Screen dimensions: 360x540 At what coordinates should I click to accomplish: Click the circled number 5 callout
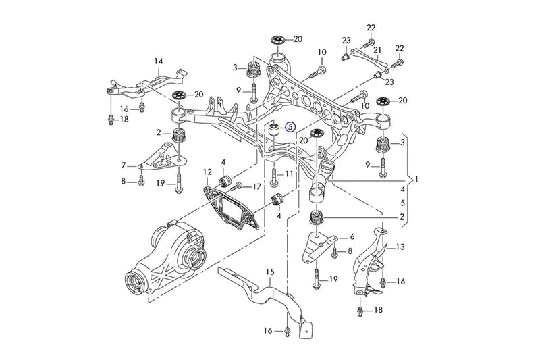click(290, 126)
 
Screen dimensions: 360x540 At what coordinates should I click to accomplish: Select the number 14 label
click(159, 62)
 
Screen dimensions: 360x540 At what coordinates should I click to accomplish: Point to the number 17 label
click(256, 186)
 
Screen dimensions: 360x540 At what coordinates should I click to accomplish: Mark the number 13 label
click(400, 247)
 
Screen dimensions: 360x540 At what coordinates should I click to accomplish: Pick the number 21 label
click(378, 50)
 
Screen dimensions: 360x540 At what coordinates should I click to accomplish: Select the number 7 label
click(124, 165)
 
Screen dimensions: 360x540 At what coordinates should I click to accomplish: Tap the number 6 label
click(352, 237)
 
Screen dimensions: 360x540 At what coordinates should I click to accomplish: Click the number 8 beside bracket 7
click(124, 180)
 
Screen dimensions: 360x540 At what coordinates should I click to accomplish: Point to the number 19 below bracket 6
click(333, 279)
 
